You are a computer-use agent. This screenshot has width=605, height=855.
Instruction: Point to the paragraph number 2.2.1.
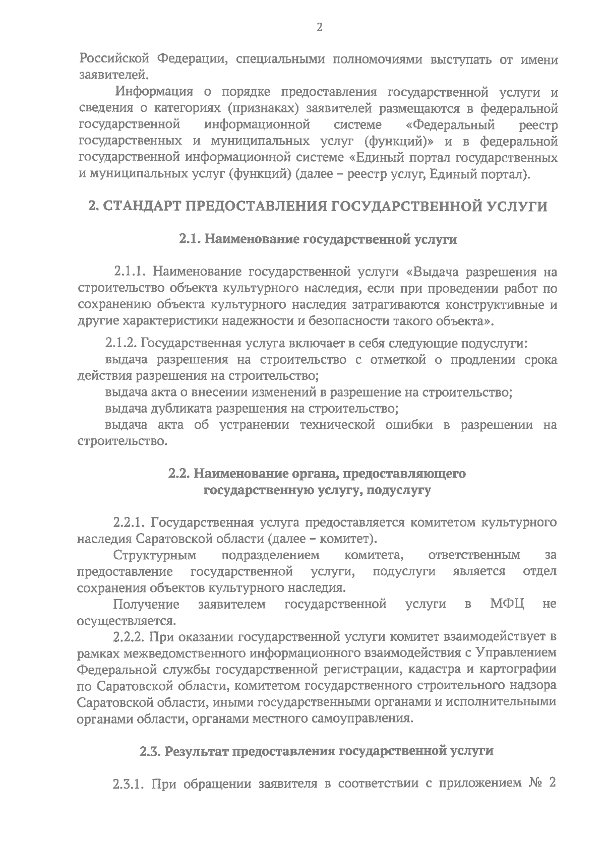pos(130,522)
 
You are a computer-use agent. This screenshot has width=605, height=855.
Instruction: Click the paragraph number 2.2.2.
pos(130,637)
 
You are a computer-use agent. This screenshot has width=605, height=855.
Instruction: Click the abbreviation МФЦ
pos(507,604)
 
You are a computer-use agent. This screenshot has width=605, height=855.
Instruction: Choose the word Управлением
pos(513,653)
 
